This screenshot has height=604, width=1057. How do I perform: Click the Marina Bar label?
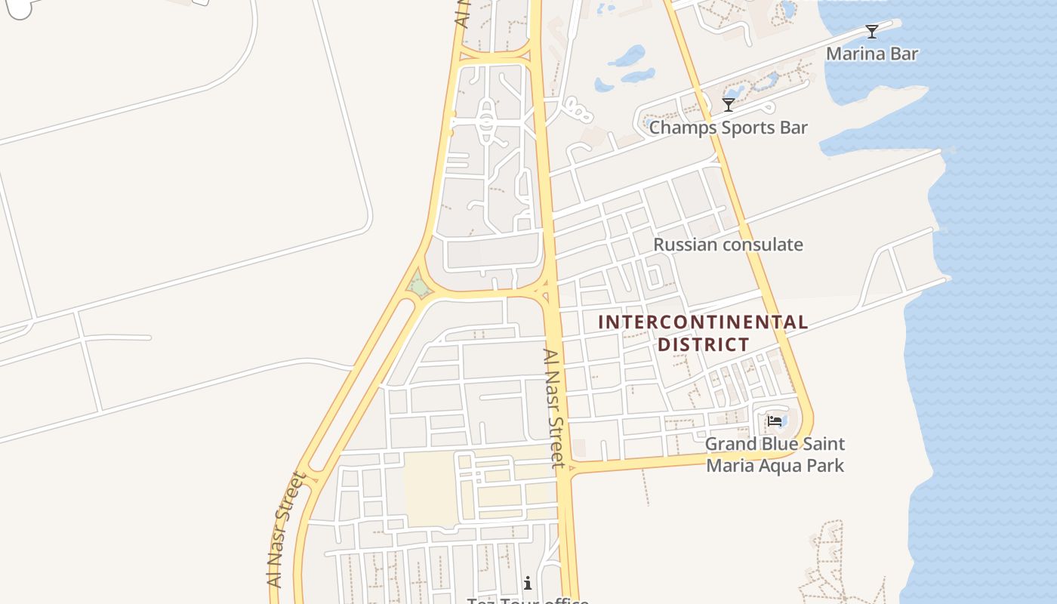tap(872, 54)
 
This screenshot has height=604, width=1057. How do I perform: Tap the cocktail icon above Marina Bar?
tap(872, 32)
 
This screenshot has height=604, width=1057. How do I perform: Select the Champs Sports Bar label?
tap(729, 128)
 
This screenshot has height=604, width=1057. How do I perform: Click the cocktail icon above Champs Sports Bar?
tap(729, 104)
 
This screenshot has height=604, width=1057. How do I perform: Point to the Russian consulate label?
tap(728, 245)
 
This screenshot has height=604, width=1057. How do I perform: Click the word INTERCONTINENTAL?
tap(703, 322)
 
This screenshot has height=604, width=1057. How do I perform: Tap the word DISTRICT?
tap(704, 345)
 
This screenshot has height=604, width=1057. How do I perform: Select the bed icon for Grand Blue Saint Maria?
tap(774, 421)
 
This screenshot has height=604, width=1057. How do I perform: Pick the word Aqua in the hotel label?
tap(779, 465)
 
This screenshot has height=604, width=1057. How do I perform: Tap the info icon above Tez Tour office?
tap(528, 583)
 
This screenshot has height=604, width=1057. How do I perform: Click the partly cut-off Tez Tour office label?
tap(528, 600)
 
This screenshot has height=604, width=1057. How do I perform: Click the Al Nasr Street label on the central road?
tap(556, 408)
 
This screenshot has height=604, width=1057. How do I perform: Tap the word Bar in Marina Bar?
tap(904, 54)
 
